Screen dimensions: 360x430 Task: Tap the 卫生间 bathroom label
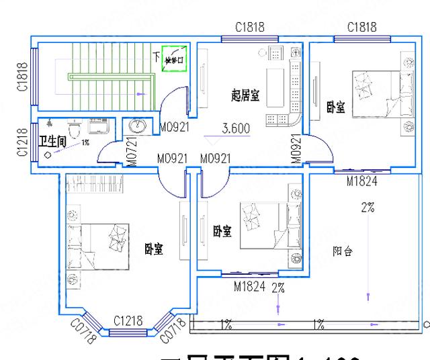point(52,141)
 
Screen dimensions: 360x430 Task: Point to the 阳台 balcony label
point(343,251)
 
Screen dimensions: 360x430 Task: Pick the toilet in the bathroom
point(75,125)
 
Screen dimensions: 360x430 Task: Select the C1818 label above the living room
point(250,28)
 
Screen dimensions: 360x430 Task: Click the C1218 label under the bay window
point(128,321)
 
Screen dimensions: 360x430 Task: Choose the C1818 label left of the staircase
point(21,77)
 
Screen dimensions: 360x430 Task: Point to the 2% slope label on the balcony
point(367,208)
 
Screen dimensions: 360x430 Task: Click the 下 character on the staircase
point(156,55)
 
